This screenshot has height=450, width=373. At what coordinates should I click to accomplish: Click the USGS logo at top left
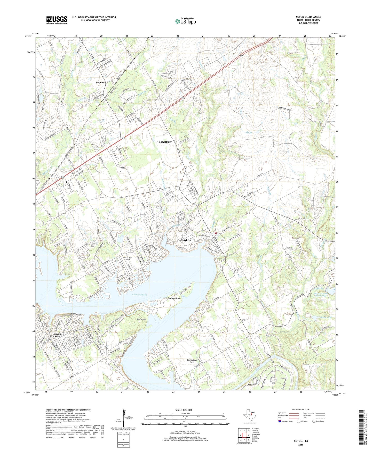(x=57, y=20)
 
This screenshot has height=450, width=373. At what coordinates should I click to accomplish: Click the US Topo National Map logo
(x=185, y=21)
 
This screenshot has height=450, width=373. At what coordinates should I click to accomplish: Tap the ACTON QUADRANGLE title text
(x=308, y=17)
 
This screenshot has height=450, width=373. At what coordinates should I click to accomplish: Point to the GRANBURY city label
(x=164, y=142)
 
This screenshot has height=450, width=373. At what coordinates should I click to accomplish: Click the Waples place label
(x=100, y=82)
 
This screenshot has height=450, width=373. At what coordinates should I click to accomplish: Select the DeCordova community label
(x=184, y=240)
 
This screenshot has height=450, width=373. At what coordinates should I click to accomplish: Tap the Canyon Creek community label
(x=57, y=335)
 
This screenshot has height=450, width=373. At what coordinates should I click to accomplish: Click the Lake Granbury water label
(x=139, y=295)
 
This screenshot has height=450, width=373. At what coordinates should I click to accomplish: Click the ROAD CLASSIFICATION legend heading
(x=301, y=410)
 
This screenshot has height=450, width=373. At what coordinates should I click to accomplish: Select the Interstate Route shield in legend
(x=280, y=421)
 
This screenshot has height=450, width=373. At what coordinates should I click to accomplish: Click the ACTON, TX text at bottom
(x=301, y=441)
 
